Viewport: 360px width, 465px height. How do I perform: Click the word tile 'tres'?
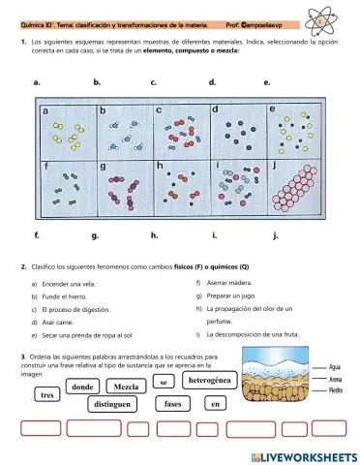[x=46, y=395]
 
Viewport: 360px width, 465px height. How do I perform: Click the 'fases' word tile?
[x=174, y=404]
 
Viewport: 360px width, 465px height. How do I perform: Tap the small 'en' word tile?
[x=217, y=404]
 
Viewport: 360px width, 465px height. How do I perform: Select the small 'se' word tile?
[x=165, y=383]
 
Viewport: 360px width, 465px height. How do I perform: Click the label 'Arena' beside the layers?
[x=339, y=380]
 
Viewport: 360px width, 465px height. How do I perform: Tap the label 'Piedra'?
[x=339, y=390]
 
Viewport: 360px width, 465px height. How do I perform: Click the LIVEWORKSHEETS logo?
[x=303, y=454]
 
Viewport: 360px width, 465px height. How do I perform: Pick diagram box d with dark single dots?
[x=234, y=129]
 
